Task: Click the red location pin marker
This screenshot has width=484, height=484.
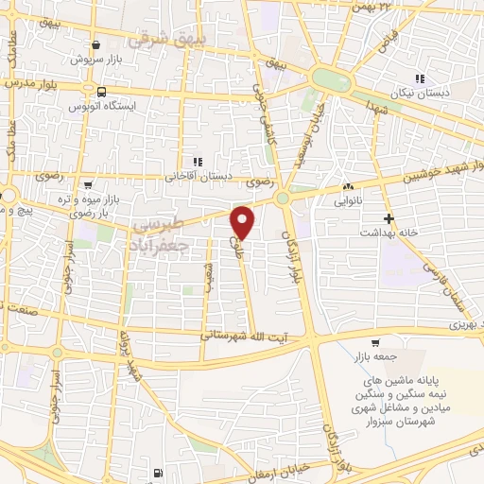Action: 243,221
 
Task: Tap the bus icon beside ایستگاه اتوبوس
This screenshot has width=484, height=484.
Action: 101,92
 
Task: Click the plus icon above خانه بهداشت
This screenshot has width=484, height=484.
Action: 388,217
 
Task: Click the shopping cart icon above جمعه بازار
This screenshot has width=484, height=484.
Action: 376,343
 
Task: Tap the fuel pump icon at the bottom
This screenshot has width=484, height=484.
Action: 156,472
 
